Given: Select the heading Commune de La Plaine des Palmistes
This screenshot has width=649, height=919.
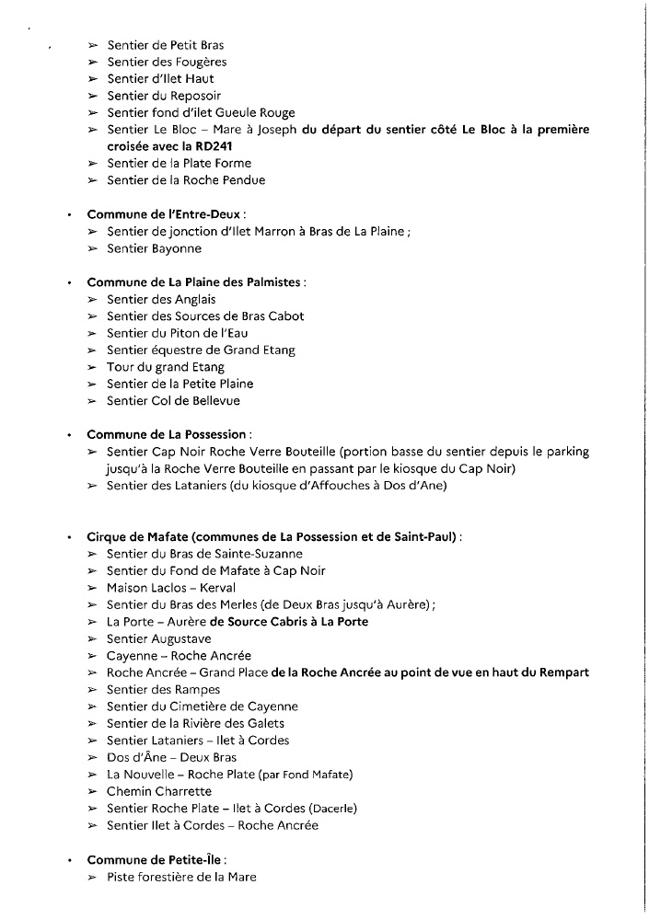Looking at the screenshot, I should (195, 282).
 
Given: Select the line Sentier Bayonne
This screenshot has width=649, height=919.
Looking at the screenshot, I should (154, 248).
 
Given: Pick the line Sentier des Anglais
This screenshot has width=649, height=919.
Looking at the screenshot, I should (161, 299).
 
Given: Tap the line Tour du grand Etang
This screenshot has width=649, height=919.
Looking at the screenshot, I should (166, 367).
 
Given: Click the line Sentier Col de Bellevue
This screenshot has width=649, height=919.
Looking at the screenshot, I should (173, 401).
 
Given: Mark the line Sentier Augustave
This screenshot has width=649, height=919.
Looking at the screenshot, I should (159, 639).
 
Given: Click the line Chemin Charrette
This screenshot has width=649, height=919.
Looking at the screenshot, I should (159, 791).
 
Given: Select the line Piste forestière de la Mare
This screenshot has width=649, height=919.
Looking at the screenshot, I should (181, 877).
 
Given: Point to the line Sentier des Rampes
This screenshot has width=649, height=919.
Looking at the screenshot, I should (151, 690).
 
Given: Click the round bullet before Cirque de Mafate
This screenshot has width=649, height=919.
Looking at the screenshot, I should (70, 536).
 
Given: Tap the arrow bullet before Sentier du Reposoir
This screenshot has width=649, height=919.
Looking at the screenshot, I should (93, 96).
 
